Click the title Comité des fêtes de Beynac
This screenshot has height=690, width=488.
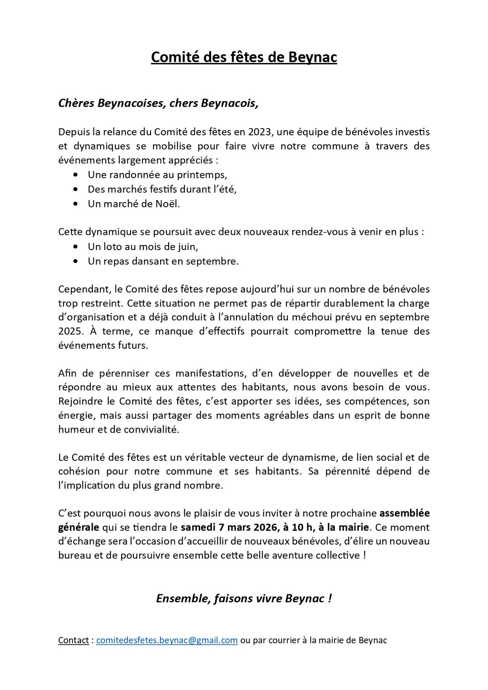tap(244, 57)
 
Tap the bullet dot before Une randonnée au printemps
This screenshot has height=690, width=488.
tap(76, 175)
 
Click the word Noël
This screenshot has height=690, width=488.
tap(169, 203)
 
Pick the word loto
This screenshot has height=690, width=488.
tap(112, 247)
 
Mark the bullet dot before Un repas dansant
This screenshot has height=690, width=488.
tap(76, 262)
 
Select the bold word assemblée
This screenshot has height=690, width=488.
tap(405, 513)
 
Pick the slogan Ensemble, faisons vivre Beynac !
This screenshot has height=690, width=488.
tap(244, 599)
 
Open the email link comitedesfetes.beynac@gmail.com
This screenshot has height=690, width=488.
tap(167, 640)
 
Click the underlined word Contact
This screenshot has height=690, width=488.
tap(73, 640)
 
